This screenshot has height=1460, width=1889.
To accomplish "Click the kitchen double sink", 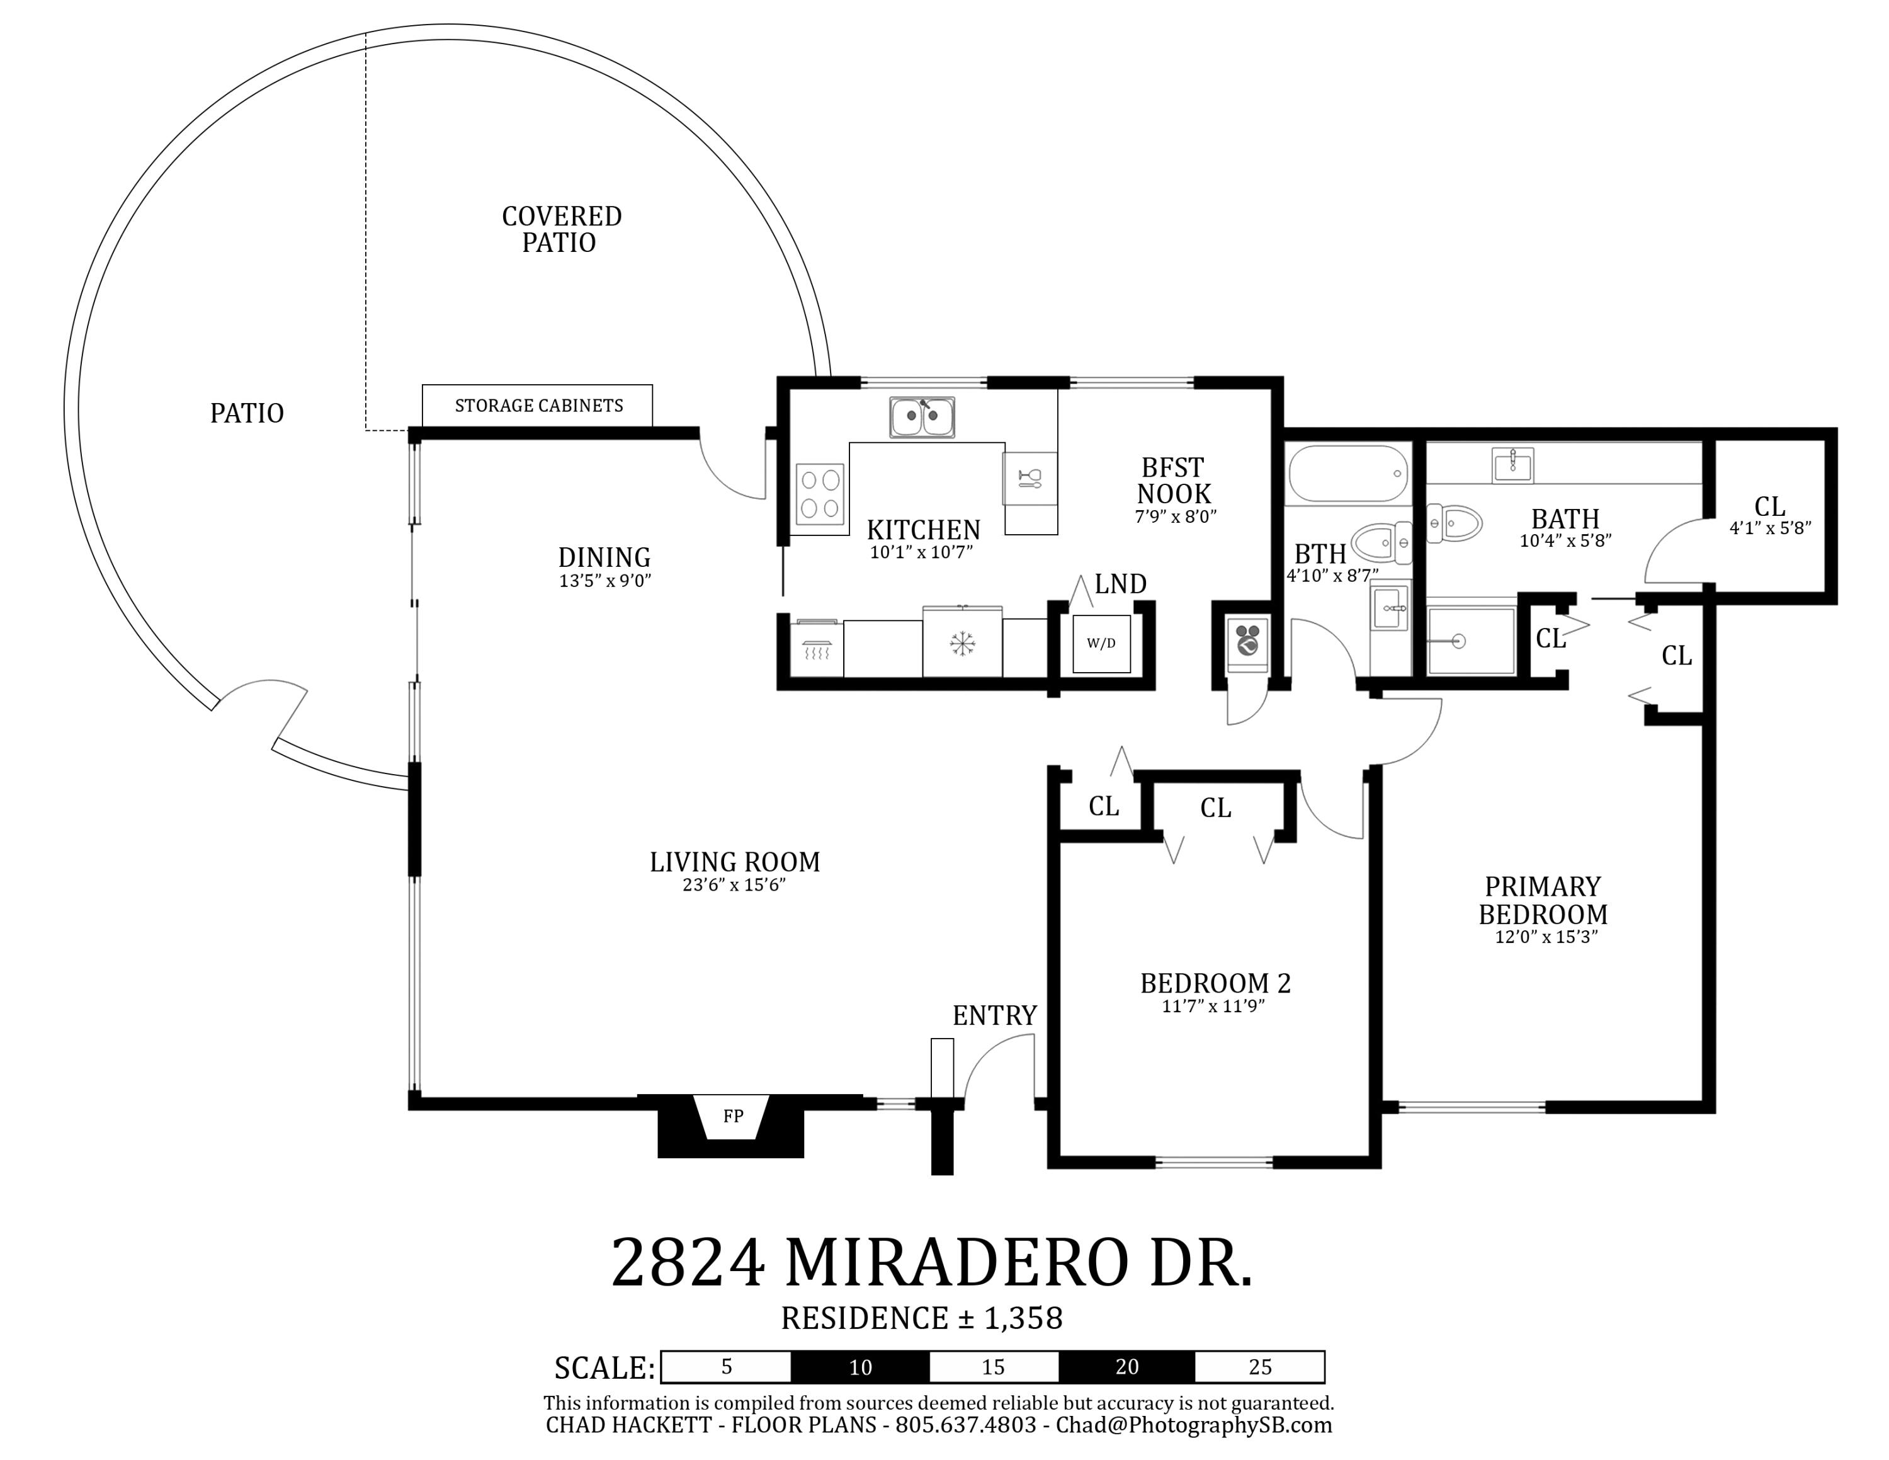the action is point(922,418).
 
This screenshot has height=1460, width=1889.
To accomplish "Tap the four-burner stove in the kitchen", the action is point(820,494).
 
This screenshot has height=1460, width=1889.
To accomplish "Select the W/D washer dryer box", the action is point(1101,644).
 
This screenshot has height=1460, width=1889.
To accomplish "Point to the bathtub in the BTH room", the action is point(1348,473).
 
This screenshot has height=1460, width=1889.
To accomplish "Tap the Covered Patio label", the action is point(561,229).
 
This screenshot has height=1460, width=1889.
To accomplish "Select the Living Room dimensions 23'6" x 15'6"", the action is point(734,885).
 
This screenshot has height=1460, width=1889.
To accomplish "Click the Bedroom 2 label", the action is point(1215,983).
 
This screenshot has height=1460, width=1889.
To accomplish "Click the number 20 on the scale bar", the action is point(1127,1367).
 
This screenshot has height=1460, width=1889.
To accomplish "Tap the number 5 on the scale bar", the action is point(727,1367).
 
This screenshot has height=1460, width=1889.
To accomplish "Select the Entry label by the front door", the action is point(995,1015).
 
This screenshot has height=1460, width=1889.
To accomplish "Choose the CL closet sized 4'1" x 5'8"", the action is point(1771,515).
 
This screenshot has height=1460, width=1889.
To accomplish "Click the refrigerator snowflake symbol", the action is point(962,644).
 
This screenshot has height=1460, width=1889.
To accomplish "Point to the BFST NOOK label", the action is point(1174,481).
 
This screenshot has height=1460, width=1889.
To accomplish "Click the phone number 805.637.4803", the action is point(965,1425).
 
